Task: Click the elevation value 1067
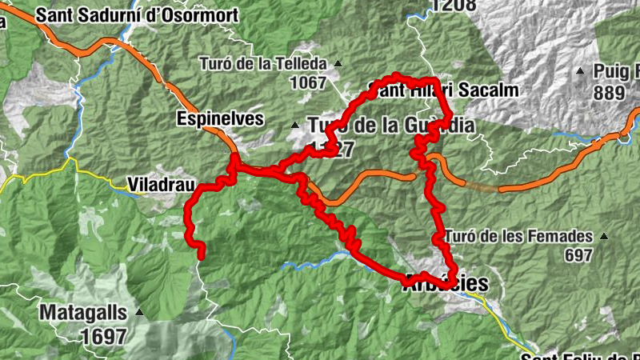[308, 82]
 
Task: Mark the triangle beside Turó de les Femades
[603, 237]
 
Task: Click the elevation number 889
[609, 93]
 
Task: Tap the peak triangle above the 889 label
[580, 71]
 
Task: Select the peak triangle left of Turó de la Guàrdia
[295, 126]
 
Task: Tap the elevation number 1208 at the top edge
[453, 6]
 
